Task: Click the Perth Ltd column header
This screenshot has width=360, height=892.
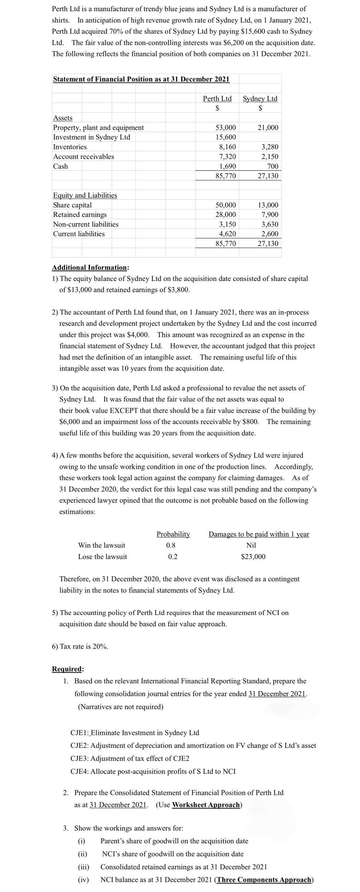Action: [217, 99]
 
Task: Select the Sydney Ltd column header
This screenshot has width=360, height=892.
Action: [260, 99]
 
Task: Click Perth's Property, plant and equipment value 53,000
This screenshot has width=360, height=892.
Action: [225, 128]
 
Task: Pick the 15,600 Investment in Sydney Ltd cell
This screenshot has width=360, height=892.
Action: [225, 137]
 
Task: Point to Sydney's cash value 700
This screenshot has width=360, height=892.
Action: [273, 166]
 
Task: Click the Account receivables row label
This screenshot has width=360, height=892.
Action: [83, 157]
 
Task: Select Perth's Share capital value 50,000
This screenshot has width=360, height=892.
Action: [225, 205]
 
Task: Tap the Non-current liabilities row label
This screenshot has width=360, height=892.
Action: [86, 224]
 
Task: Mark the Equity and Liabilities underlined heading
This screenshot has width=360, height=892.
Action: [85, 195]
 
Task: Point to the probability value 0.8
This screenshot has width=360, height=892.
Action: [171, 545]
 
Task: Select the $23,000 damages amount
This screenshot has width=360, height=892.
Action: [253, 557]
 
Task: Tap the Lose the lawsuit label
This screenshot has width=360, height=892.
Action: [102, 557]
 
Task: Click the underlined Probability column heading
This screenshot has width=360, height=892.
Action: [173, 534]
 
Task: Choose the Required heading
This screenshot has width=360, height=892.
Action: [67, 669]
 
